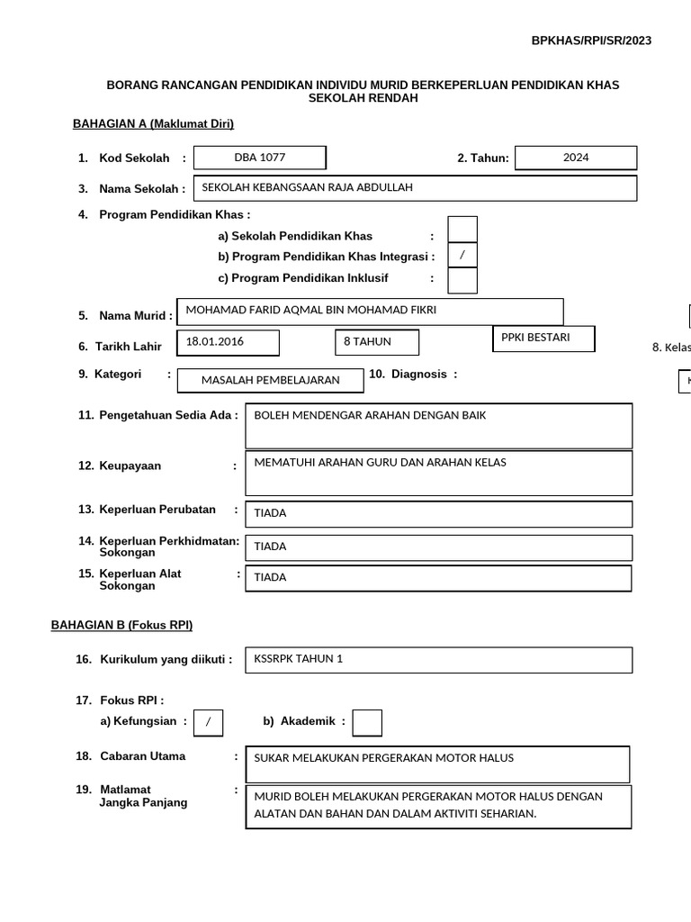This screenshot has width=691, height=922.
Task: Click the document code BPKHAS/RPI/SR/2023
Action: (591, 41)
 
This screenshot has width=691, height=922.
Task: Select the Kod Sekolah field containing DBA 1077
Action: (260, 158)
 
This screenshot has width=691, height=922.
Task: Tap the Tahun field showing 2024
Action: (576, 158)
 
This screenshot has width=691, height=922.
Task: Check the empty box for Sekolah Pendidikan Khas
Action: (462, 230)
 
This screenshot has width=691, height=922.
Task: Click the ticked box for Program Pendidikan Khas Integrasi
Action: (462, 255)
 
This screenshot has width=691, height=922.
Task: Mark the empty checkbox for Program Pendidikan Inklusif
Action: (462, 280)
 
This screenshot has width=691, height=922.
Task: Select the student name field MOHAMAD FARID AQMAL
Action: (371, 311)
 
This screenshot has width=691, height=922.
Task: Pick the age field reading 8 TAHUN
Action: (375, 343)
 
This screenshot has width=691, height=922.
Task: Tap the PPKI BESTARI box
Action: (543, 339)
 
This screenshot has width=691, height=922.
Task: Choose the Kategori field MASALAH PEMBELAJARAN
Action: (270, 381)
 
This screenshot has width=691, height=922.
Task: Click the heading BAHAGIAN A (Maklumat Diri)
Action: (153, 124)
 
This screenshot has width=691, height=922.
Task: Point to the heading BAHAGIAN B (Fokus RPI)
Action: (121, 625)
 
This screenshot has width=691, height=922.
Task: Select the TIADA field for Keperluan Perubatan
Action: (438, 513)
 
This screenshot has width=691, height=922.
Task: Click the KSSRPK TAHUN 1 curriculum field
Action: (438, 659)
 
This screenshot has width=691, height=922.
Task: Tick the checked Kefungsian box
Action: (208, 722)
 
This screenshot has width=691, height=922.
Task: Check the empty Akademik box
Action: (367, 722)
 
